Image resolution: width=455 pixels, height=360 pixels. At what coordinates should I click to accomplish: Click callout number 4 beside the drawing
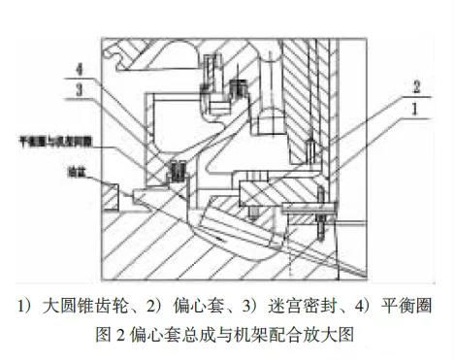[88, 70]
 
